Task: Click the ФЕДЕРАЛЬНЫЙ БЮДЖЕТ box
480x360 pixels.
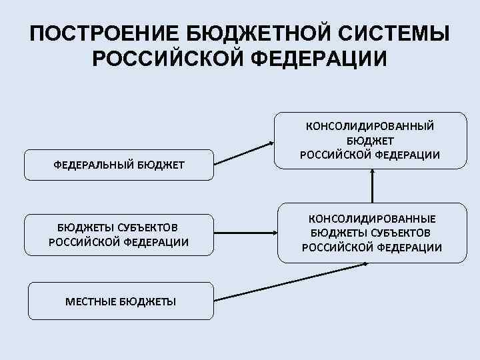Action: point(119,165)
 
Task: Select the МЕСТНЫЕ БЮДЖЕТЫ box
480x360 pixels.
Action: point(121,301)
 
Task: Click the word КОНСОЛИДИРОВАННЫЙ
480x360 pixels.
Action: point(371,125)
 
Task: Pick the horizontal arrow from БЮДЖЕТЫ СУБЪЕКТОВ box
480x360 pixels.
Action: point(247,233)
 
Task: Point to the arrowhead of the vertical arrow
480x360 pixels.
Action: point(373,172)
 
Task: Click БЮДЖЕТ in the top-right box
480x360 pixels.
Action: point(371,141)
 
